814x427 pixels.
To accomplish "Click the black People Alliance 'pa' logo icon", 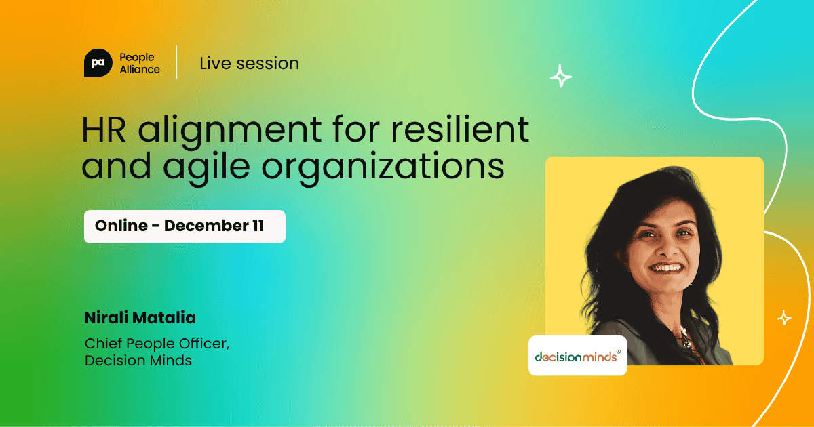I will click(x=98, y=63).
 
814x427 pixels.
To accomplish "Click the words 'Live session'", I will click(x=249, y=64).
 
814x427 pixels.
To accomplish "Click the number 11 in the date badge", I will click(x=258, y=226).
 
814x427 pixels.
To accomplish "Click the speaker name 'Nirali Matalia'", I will click(x=140, y=318).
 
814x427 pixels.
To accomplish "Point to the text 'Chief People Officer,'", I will click(x=157, y=343).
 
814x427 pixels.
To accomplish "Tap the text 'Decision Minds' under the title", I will click(x=138, y=361).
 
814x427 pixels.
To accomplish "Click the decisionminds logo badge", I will click(x=577, y=355).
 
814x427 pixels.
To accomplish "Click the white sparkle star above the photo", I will click(x=560, y=76).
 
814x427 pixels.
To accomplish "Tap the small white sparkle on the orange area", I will click(x=784, y=317).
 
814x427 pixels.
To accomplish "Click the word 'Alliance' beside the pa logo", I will click(x=139, y=69).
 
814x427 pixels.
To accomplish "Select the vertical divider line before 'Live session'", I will click(x=177, y=62).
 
